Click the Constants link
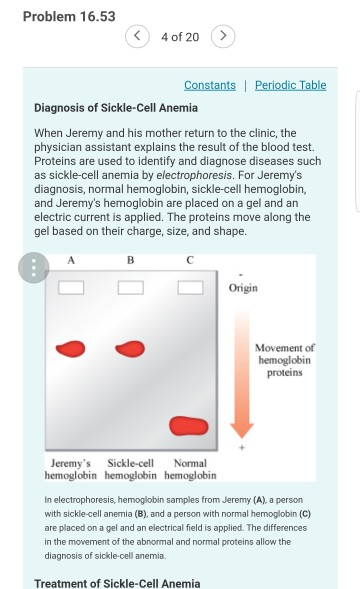[x=210, y=85]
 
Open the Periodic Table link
[x=290, y=85]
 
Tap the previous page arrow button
[x=138, y=37]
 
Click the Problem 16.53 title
[x=69, y=16]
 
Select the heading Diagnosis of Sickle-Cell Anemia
[x=116, y=107]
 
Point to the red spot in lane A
[x=70, y=348]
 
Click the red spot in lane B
[x=130, y=348]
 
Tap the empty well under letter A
[x=70, y=289]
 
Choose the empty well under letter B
[x=130, y=289]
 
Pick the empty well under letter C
[x=191, y=289]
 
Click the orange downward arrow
[x=242, y=370]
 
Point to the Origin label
[x=243, y=288]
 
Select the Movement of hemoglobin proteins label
[x=286, y=359]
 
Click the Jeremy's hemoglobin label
[x=71, y=469]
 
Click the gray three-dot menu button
[x=34, y=268]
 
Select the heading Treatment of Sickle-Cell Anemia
[x=117, y=583]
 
